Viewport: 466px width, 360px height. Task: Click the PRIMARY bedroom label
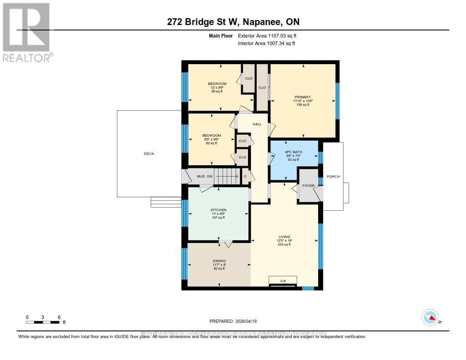(303, 97)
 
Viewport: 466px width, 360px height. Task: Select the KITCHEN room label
(218, 210)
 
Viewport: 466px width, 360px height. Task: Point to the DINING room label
(218, 261)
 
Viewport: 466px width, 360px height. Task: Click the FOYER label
(309, 186)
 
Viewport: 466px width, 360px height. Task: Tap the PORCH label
(333, 177)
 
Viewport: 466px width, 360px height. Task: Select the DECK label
(149, 154)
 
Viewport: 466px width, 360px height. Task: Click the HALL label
(257, 124)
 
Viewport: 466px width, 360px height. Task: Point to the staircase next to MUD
(227, 176)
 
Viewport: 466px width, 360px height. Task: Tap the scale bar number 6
(59, 317)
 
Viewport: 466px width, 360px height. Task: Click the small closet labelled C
(245, 176)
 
